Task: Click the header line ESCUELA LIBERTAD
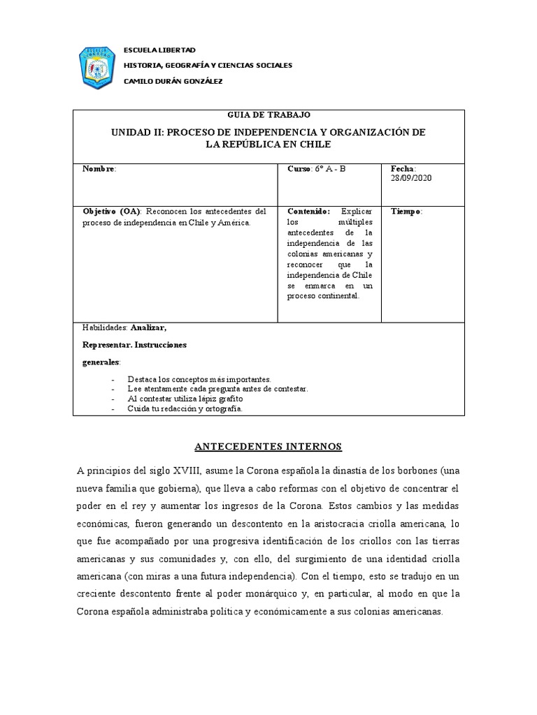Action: pos(159,50)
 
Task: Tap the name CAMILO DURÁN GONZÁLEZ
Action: pos(173,81)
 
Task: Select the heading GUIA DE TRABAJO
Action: pos(269,115)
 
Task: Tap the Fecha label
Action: pos(403,169)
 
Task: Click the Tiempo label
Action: pos(406,212)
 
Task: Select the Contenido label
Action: pos(309,212)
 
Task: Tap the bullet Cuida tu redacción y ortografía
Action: pos(185,408)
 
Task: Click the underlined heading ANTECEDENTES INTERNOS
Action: pos(268,446)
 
